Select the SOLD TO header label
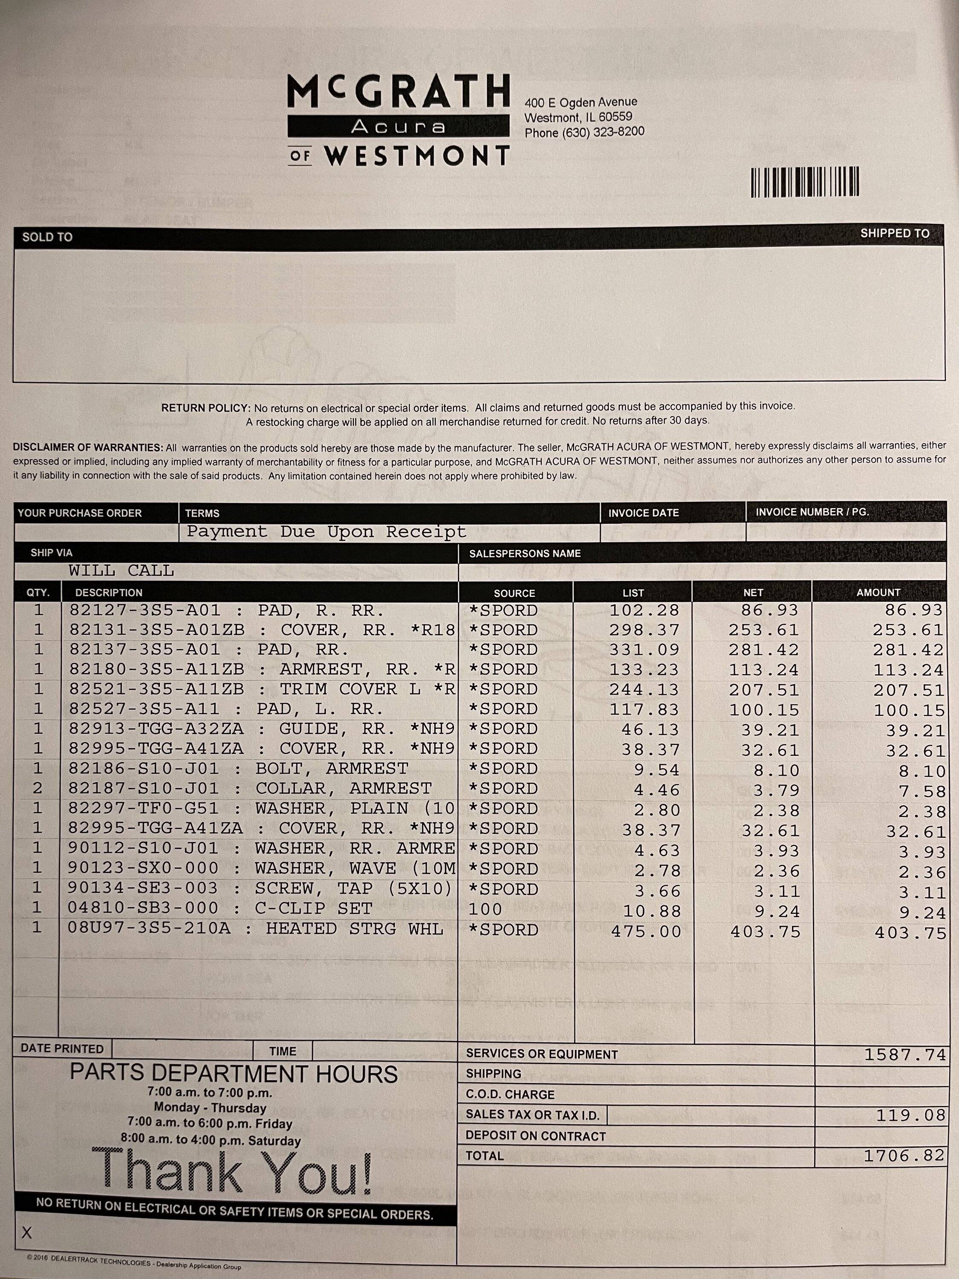click(x=47, y=237)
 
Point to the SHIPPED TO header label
click(x=894, y=234)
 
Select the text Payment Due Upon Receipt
click(x=326, y=532)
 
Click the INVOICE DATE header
click(x=643, y=513)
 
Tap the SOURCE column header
click(x=514, y=593)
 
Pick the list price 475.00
click(x=646, y=932)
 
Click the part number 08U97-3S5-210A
click(x=149, y=929)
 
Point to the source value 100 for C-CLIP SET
click(x=485, y=909)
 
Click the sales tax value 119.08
click(x=910, y=1115)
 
